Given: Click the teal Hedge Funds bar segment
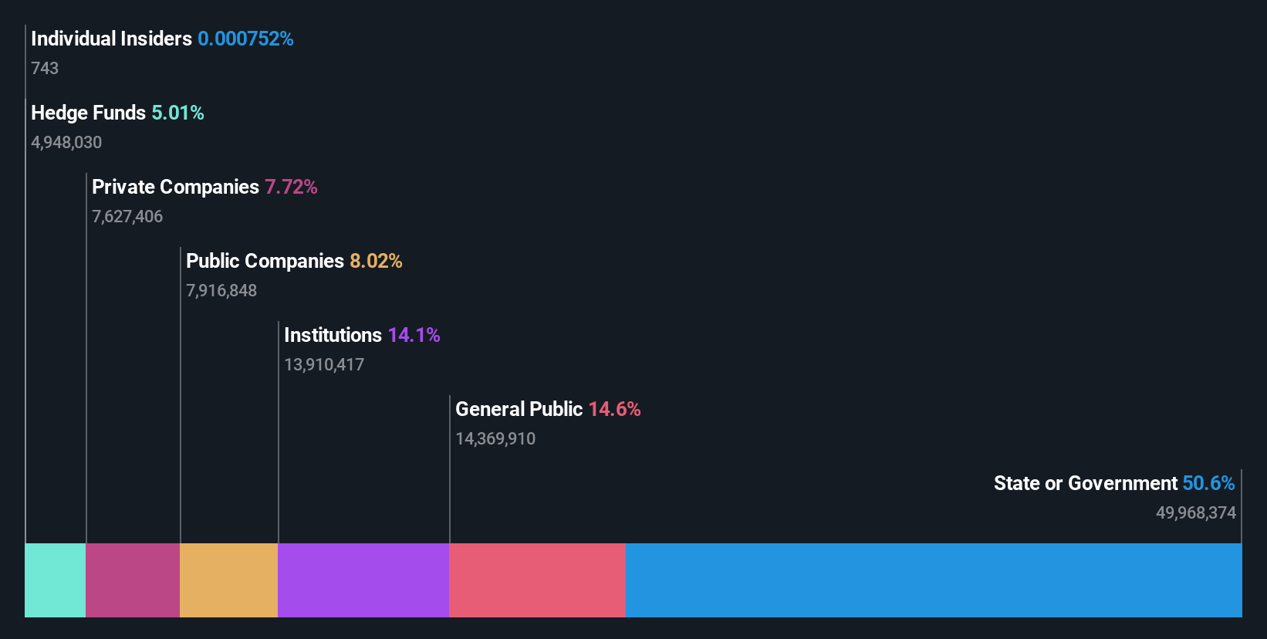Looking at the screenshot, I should click(56, 580).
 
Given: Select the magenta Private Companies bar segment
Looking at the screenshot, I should click(133, 580).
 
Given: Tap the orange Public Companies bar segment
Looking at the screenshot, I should click(228, 580).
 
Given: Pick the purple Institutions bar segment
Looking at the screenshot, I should click(363, 580).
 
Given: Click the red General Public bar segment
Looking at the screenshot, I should click(537, 580).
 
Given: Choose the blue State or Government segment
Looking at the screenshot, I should click(934, 580).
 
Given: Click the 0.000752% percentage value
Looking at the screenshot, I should click(245, 39).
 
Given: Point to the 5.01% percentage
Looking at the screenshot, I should click(177, 113).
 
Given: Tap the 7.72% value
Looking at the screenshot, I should click(291, 187).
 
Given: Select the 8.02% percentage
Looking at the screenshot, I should click(376, 261).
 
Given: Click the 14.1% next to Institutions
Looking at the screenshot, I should click(414, 335).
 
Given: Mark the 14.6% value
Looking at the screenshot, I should click(614, 409).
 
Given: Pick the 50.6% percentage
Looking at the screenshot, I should click(1208, 483).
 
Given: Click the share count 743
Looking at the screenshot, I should click(45, 68).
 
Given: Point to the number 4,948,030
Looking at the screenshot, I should click(66, 142).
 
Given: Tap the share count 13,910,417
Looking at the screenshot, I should click(324, 364).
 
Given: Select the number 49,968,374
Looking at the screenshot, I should click(1195, 512).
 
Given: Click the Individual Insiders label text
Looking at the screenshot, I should click(111, 39).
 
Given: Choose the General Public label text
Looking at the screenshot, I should click(519, 409).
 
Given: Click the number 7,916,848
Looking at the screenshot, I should click(221, 290).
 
